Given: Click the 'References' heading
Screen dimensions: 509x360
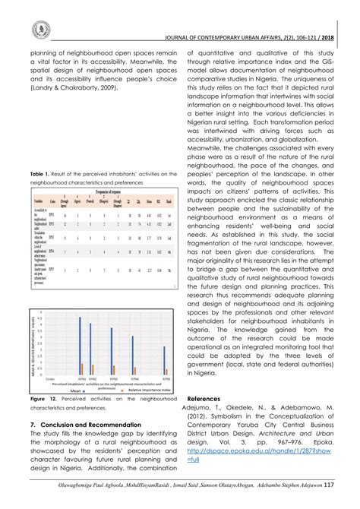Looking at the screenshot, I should pos(204,398).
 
